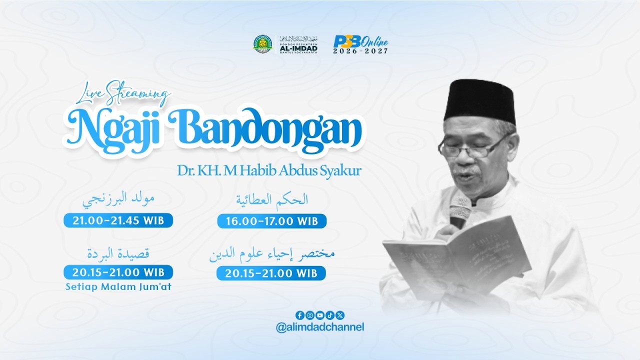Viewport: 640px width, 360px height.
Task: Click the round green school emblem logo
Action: pyautogui.click(x=262, y=44)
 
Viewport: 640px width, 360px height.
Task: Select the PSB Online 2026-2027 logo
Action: pyautogui.click(x=360, y=45)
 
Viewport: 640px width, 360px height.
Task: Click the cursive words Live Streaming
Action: pyautogui.click(x=126, y=94)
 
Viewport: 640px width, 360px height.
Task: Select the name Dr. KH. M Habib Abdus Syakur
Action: pyautogui.click(x=269, y=170)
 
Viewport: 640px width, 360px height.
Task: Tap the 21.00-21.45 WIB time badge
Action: pyautogui.click(x=118, y=220)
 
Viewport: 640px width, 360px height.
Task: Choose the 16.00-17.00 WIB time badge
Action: pyautogui.click(x=271, y=221)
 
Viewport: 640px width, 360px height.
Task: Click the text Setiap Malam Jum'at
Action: pyautogui.click(x=118, y=287)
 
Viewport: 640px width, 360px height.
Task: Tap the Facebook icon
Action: pyautogui.click(x=299, y=315)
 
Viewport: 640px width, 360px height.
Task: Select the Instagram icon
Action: pyautogui.click(x=310, y=315)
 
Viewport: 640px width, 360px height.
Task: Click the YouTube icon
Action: pyautogui.click(x=320, y=315)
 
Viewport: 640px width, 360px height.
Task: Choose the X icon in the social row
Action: pyautogui.click(x=340, y=315)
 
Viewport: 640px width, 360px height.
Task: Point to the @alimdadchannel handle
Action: pyautogui.click(x=320, y=327)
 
